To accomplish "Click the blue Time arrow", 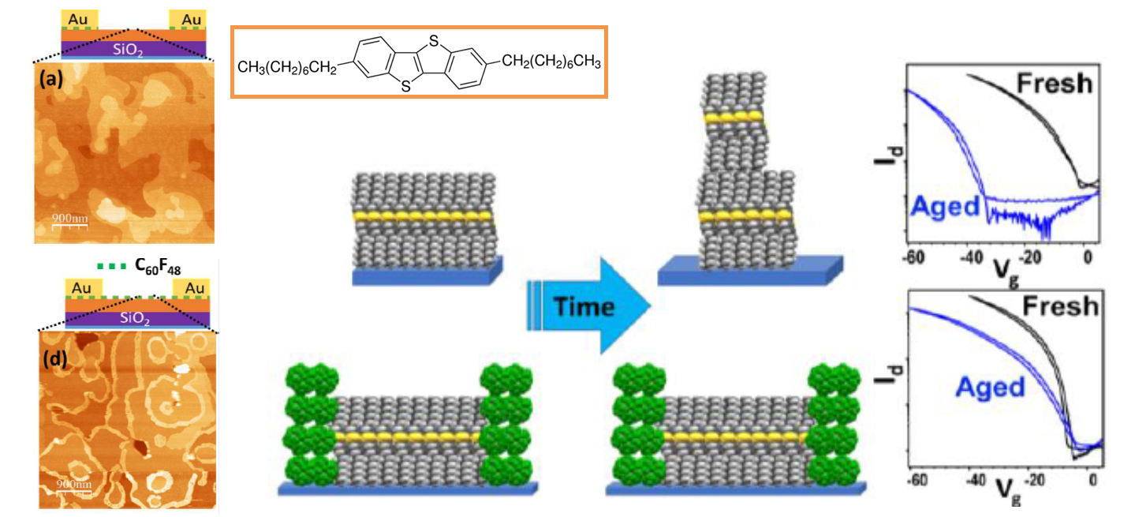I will (x=588, y=306).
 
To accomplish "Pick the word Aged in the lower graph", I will (x=990, y=387).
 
